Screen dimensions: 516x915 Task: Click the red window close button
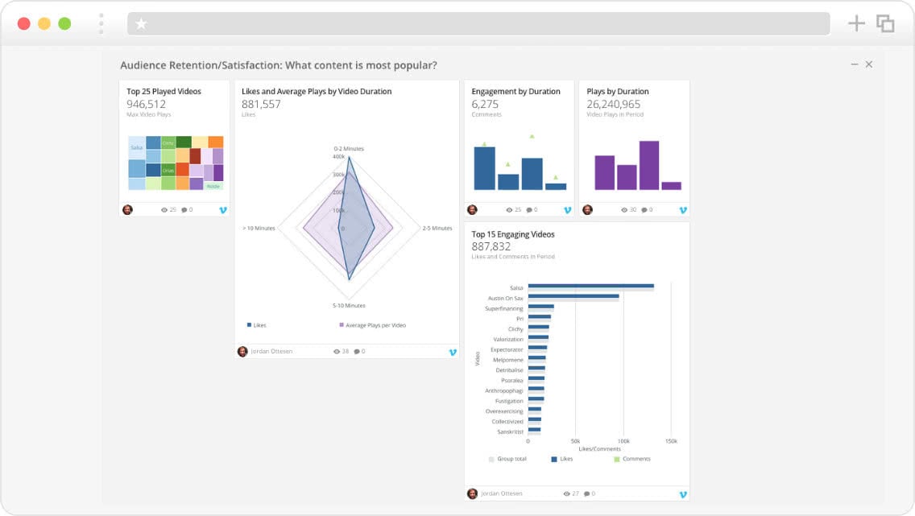click(24, 23)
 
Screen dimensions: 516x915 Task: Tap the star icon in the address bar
click(142, 24)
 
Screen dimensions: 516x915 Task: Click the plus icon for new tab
click(856, 23)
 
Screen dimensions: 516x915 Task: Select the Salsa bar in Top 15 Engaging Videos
click(590, 286)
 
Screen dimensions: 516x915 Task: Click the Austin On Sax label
click(505, 298)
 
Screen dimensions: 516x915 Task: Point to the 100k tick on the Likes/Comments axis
click(623, 441)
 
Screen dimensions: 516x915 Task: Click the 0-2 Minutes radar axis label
click(349, 149)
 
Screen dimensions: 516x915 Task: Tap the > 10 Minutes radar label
click(259, 229)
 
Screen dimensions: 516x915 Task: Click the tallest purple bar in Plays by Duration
click(649, 165)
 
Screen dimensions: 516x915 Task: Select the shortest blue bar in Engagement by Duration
click(556, 186)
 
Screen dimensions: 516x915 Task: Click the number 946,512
click(147, 104)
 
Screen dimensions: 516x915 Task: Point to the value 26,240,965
click(614, 104)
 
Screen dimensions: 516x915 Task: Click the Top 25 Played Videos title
click(164, 92)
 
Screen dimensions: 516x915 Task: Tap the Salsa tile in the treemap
click(136, 148)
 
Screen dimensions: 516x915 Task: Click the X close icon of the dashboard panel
click(869, 64)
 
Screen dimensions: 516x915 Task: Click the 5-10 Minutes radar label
click(349, 306)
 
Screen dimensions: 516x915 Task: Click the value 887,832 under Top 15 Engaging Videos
click(491, 246)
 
